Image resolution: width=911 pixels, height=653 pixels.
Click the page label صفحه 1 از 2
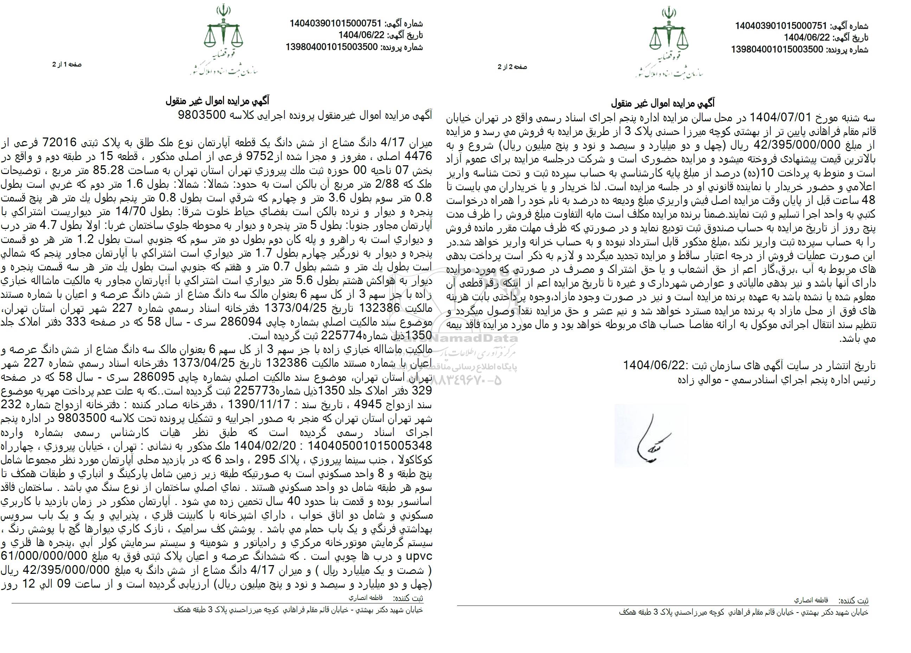click(67, 65)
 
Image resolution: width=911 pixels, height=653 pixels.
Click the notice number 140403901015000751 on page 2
click(781, 26)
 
